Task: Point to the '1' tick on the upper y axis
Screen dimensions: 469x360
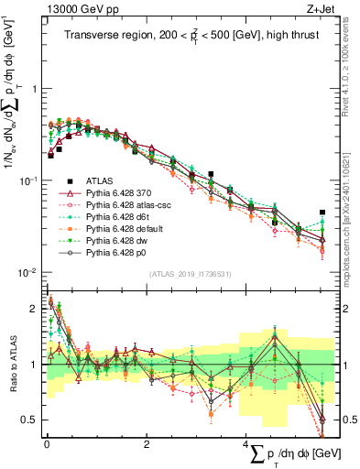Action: point(36,89)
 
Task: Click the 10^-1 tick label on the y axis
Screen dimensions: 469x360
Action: point(30,180)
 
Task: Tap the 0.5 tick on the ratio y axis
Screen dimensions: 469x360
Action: point(30,420)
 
